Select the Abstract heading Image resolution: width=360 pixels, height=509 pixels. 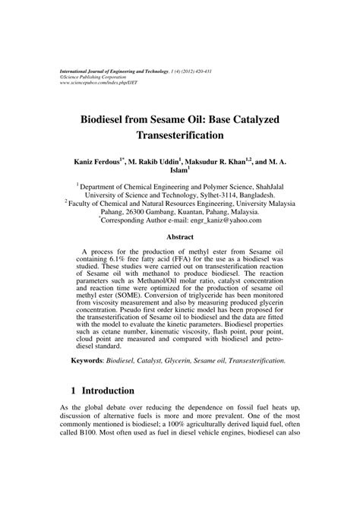180,237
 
